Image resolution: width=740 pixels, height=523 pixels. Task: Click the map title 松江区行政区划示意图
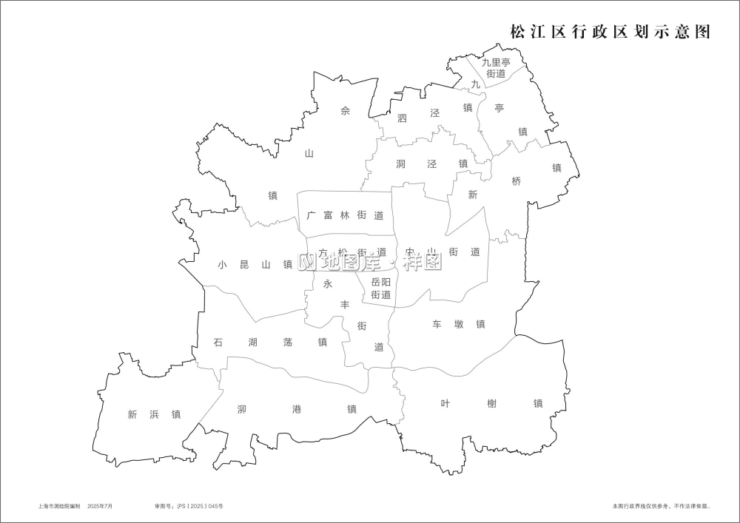click(610, 33)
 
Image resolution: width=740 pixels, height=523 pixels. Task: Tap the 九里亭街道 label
click(496, 68)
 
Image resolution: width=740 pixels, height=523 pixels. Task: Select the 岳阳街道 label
click(380, 289)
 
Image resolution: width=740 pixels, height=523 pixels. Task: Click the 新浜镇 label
click(154, 414)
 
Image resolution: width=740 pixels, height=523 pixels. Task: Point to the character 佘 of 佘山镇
click(345, 112)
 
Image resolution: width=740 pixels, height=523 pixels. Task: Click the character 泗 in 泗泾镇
click(403, 117)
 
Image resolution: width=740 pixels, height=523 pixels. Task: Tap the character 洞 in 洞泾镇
click(401, 163)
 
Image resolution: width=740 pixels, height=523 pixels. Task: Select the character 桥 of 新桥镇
click(517, 181)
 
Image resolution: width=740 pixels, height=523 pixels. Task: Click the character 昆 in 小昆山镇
click(245, 264)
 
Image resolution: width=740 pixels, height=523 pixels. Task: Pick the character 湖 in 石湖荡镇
click(253, 342)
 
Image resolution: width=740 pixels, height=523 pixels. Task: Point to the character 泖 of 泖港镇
click(242, 409)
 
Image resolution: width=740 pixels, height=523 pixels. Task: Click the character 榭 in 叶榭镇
click(491, 403)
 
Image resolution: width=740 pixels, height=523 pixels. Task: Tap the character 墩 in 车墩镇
click(460, 324)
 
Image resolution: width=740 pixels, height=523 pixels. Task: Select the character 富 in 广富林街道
click(328, 216)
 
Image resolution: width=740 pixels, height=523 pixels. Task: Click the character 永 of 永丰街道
click(328, 283)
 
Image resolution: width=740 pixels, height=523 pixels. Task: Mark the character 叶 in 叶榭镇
click(445, 403)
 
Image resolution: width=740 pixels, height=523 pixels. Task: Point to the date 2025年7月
click(100, 507)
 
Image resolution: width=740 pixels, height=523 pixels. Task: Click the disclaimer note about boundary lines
click(661, 507)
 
